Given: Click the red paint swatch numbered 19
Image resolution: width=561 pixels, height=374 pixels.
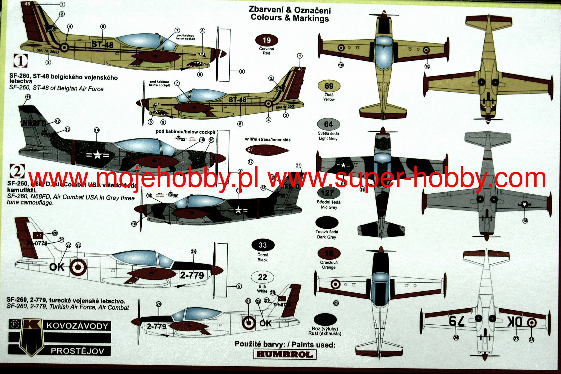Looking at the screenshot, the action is point(266,40).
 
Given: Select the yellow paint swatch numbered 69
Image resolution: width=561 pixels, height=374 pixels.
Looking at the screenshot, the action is point(329,86).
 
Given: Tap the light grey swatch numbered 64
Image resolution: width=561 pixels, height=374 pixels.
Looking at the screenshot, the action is point(328,124).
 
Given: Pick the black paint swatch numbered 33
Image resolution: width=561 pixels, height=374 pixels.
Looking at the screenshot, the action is point(263,245).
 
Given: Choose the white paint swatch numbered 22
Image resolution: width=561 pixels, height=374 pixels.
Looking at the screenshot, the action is point(262,277).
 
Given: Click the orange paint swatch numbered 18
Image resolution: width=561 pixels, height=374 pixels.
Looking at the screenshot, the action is point(329,254).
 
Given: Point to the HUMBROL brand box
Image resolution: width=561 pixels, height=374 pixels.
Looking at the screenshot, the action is point(285,354).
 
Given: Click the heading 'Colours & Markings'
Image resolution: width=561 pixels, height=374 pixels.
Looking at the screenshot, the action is point(290,18).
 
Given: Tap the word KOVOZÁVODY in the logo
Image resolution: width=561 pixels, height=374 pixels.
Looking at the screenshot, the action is point(77,326).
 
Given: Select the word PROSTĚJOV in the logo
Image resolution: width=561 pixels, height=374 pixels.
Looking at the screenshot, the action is point(77,351).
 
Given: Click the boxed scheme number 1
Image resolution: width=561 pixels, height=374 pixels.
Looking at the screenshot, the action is point(21,61).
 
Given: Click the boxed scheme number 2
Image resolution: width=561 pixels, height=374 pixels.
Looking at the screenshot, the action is point(17,171).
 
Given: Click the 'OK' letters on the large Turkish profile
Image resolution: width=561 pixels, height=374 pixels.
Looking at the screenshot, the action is point(57,267).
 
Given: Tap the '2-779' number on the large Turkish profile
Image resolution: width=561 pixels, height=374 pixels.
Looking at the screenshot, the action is point(192,275).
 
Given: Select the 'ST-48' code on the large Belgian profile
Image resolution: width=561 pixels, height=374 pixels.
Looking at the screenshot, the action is point(102,44).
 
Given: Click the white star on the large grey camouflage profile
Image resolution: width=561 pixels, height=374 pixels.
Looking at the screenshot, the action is point(97,155).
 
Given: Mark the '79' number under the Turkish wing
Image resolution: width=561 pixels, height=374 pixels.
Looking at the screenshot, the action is point(457,321).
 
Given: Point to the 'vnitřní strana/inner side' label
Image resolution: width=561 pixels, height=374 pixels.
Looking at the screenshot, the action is point(267,140).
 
